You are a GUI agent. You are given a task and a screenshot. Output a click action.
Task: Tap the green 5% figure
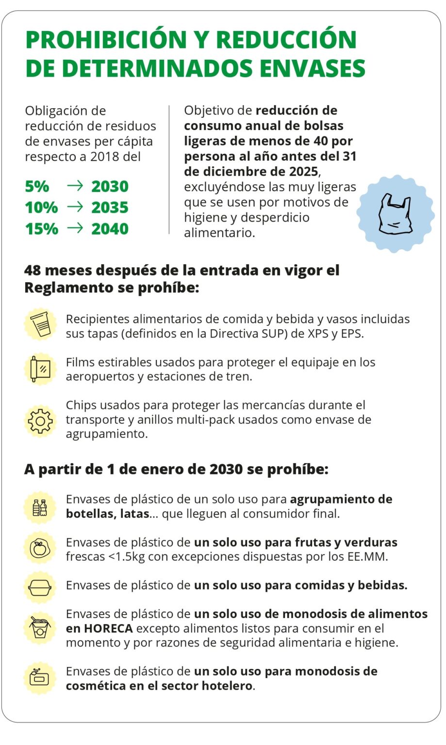point(37,186)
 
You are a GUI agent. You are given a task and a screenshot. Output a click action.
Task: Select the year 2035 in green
point(110,208)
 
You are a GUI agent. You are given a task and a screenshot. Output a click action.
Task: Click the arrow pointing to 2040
point(75,228)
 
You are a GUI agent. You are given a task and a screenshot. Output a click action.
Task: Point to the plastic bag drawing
point(395,214)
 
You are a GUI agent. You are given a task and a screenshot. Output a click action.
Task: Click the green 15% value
point(41,229)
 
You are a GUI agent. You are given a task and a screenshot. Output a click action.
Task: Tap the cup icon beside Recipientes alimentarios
point(40,324)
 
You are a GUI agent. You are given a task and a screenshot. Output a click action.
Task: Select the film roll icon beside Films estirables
point(40,369)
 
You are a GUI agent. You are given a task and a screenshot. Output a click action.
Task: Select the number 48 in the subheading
point(33,270)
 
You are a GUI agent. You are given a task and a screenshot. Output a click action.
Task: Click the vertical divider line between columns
point(169,170)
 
